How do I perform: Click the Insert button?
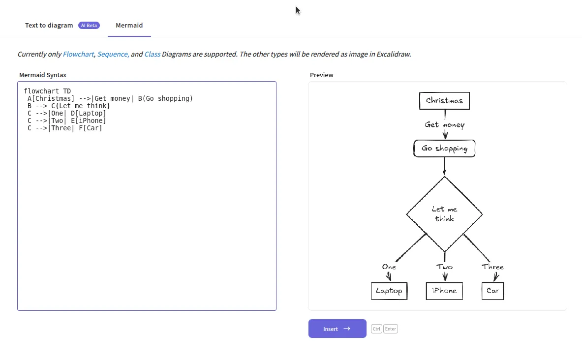tap(337, 329)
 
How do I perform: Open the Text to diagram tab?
tap(49, 25)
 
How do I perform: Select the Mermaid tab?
tap(129, 25)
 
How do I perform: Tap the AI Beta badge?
tap(89, 25)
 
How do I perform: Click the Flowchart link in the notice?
tap(78, 54)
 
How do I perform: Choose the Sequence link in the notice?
tap(113, 54)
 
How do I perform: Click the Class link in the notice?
tap(152, 54)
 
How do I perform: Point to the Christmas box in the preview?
tap(444, 100)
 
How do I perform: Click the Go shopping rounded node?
tap(444, 148)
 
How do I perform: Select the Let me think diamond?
tap(444, 214)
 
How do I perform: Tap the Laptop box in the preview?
tap(389, 291)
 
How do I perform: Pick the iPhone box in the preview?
tap(444, 291)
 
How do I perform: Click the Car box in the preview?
tap(492, 291)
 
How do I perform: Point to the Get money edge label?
tap(444, 125)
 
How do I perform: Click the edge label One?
tap(389, 267)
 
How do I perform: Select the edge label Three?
tap(492, 267)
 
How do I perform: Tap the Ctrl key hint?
tap(376, 329)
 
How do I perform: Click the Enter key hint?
tap(390, 329)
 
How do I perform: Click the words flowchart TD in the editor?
tap(47, 91)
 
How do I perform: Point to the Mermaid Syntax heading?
tap(43, 75)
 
